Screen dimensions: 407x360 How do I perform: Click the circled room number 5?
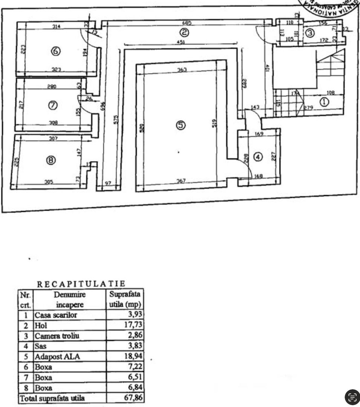pyautogui.click(x=181, y=125)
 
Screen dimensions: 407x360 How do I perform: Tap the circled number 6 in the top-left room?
pyautogui.click(x=55, y=52)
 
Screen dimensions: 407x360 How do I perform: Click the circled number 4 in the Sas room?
pyautogui.click(x=258, y=157)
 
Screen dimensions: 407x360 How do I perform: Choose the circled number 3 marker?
pyautogui.click(x=309, y=33)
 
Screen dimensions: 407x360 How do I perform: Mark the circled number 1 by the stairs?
pyautogui.click(x=324, y=101)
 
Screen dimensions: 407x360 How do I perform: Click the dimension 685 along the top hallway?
pyautogui.click(x=187, y=23)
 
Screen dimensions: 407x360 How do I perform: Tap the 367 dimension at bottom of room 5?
pyautogui.click(x=182, y=181)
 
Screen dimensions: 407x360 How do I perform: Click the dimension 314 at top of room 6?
pyautogui.click(x=57, y=26)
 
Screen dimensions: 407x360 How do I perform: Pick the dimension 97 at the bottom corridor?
pyautogui.click(x=108, y=183)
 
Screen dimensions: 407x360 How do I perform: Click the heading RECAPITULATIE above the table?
pyautogui.click(x=81, y=284)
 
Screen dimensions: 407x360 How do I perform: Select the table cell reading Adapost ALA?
pyautogui.click(x=58, y=357)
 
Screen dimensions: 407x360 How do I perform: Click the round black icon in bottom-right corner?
pyautogui.click(x=352, y=397)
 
